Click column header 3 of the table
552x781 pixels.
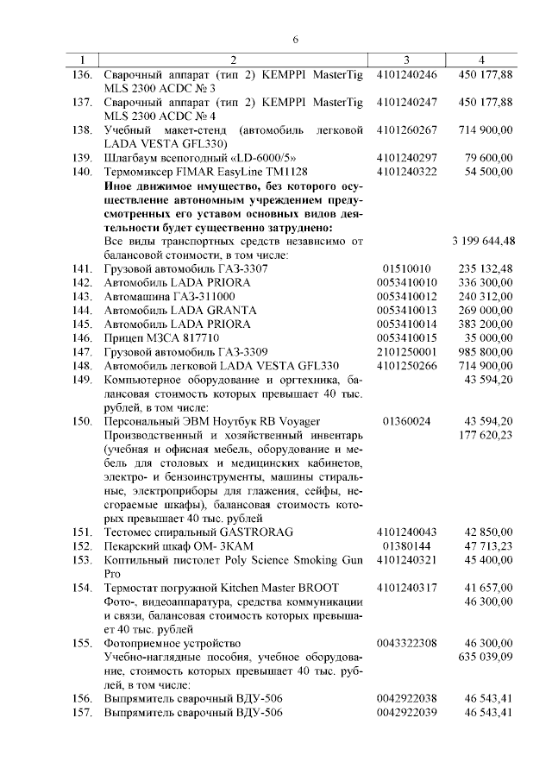(406, 60)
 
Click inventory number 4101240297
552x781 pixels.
(407, 158)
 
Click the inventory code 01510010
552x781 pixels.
(407, 268)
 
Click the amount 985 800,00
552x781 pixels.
(488, 351)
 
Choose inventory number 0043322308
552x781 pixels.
(407, 643)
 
